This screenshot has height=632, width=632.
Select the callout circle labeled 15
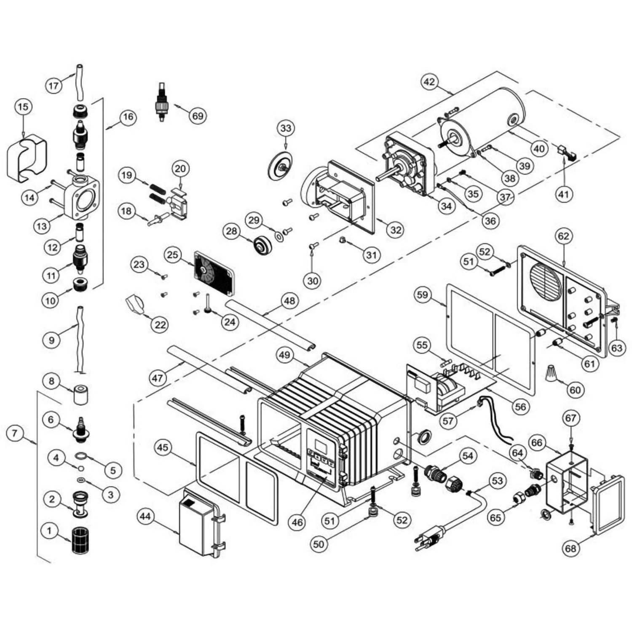24,107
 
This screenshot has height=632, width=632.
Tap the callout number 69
198,115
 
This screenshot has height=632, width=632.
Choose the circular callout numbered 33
286,128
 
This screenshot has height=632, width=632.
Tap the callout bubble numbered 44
145,517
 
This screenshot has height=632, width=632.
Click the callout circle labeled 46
297,522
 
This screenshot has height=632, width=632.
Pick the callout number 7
16,434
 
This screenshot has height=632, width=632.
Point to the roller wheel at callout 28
262,246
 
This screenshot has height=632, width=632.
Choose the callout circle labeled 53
498,481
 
